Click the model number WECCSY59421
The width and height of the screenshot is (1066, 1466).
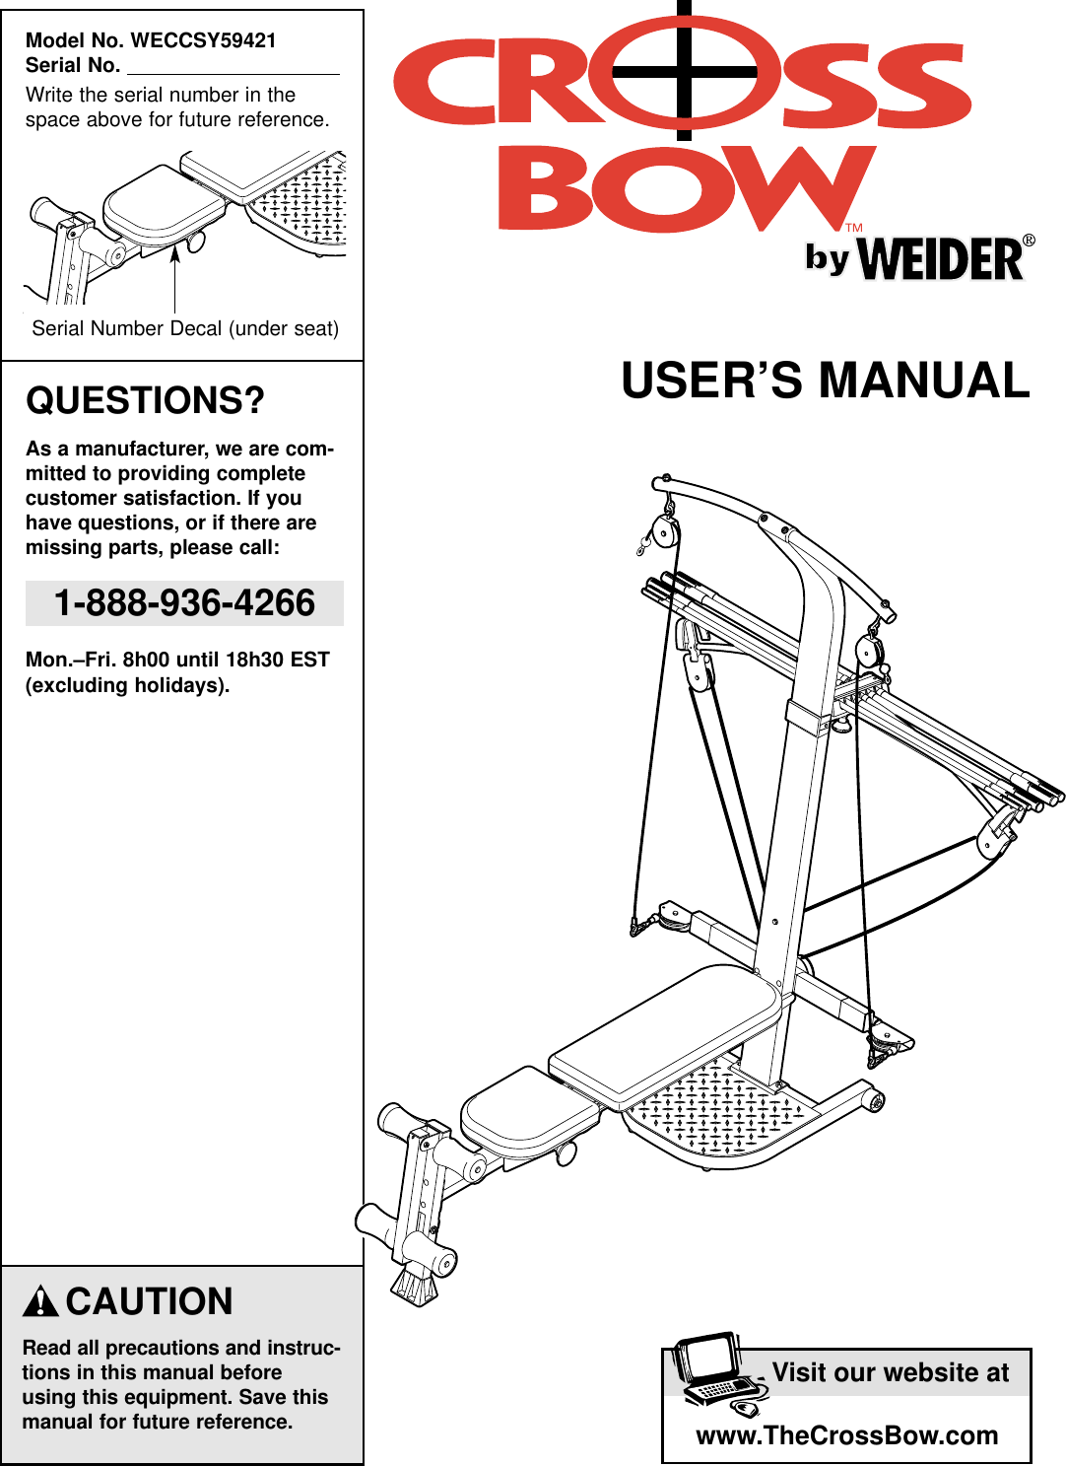click(x=203, y=40)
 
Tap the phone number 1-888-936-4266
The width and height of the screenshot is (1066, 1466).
click(x=184, y=603)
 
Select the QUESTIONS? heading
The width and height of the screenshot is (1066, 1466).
click(x=145, y=400)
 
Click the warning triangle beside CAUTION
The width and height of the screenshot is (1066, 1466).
click(x=40, y=1302)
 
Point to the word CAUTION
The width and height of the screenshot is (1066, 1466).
click(x=149, y=1301)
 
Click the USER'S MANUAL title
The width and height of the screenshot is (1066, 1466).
click(x=825, y=381)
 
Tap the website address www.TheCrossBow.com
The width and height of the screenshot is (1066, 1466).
click(x=846, y=1435)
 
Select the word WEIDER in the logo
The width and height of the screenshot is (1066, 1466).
click(x=941, y=260)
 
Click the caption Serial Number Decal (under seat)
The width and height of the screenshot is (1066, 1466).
click(x=185, y=328)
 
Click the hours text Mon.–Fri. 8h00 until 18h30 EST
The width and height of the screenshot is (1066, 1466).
click(x=177, y=660)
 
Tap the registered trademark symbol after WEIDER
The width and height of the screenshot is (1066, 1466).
click(x=1029, y=241)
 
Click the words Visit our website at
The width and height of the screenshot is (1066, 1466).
click(x=890, y=1372)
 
